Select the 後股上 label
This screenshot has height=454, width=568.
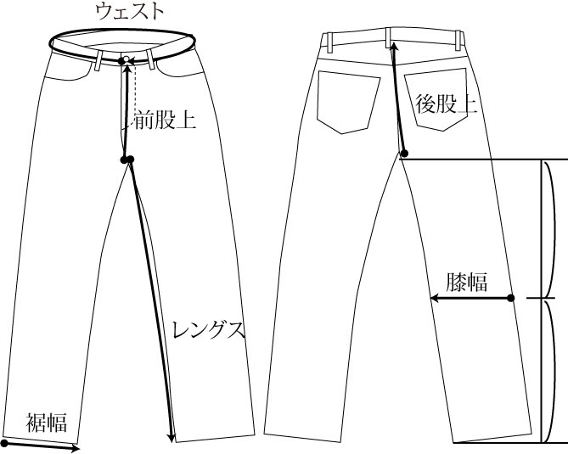tap(445, 105)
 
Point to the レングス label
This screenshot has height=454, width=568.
tap(208, 329)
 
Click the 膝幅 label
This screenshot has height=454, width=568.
tap(466, 282)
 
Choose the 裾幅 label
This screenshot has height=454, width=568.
tap(46, 421)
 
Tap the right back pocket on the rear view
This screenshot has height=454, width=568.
tap(436, 102)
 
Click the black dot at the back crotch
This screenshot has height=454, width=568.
tap(405, 154)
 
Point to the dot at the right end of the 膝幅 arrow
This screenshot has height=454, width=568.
tap(512, 298)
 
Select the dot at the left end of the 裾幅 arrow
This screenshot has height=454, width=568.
tap(5, 443)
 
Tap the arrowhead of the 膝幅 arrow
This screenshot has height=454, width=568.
tap(433, 298)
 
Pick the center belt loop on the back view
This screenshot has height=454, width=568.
tap(391, 39)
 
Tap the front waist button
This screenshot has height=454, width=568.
tap(124, 61)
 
